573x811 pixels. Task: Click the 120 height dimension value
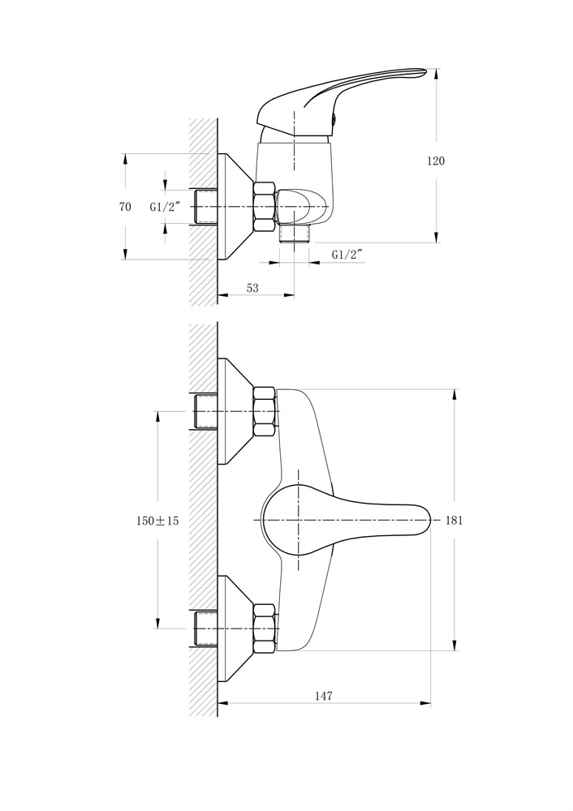click(435, 161)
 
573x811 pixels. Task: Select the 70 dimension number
click(125, 207)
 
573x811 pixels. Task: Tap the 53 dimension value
click(252, 288)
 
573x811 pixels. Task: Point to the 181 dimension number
click(454, 521)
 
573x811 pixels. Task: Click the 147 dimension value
click(324, 696)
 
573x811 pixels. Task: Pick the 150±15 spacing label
click(157, 521)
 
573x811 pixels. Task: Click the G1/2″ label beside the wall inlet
click(165, 207)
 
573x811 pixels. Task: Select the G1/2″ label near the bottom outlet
click(347, 255)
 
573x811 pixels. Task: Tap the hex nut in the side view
click(264, 206)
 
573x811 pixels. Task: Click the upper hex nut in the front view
click(264, 412)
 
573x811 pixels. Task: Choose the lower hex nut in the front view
click(264, 629)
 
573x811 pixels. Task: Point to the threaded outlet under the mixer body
click(294, 234)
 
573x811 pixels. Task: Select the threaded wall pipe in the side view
click(205, 206)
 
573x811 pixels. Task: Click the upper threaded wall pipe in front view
click(205, 412)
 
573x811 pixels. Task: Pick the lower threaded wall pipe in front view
click(205, 629)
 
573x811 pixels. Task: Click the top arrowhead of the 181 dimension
click(455, 394)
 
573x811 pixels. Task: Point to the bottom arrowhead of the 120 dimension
click(437, 236)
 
